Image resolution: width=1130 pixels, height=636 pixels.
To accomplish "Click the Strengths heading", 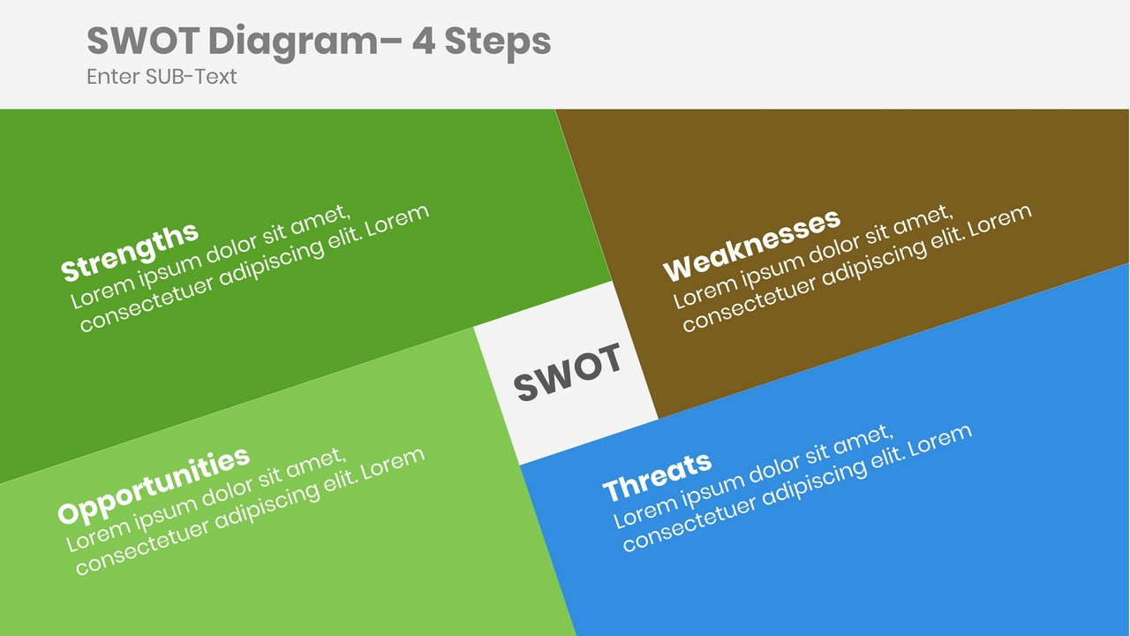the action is (130, 252).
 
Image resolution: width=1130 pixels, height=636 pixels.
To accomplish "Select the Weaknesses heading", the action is (751, 245).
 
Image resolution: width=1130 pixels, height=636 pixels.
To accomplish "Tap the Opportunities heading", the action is (154, 486).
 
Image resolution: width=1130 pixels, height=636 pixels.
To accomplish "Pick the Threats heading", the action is (657, 476).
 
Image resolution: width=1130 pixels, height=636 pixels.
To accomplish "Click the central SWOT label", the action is (568, 372).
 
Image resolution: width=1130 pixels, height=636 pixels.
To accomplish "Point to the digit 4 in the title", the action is (424, 42).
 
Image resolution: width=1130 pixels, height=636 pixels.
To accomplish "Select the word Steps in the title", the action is (498, 42).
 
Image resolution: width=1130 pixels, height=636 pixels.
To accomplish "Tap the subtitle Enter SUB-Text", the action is (162, 77).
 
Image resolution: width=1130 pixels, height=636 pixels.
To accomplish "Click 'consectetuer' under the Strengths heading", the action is (147, 304).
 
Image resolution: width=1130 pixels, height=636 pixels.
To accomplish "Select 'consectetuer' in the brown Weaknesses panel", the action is (750, 304).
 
